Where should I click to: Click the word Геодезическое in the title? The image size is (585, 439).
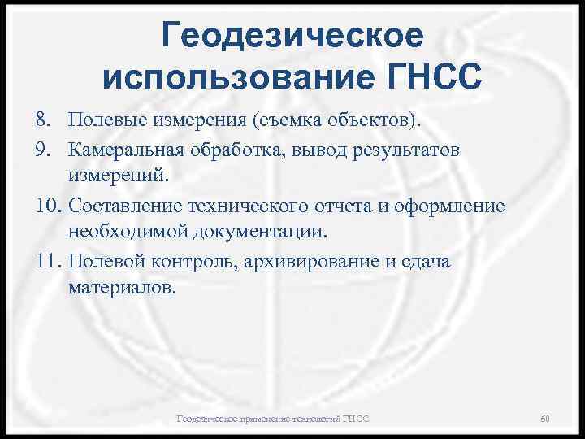pos(292,36)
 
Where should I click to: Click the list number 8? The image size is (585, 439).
pos(43,121)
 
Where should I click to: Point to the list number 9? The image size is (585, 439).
pos(43,150)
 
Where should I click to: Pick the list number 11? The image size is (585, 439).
pos(47,262)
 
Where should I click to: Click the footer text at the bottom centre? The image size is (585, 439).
pos(273,419)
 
